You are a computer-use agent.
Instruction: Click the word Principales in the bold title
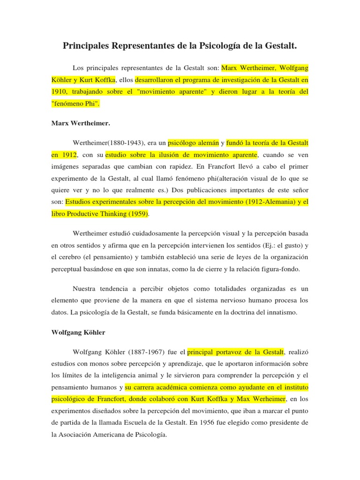pyautogui.click(x=87, y=46)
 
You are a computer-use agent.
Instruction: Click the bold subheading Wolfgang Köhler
pyautogui.click(x=78, y=332)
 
